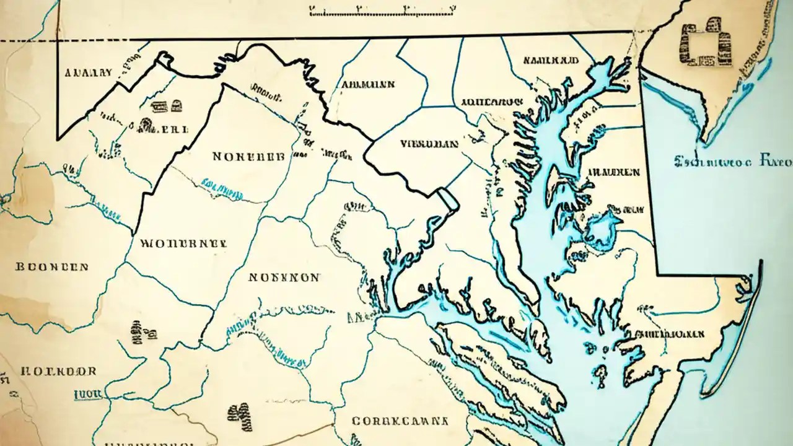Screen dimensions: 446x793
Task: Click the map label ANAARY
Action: [x=89, y=72]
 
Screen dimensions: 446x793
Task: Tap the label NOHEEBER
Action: [x=248, y=157]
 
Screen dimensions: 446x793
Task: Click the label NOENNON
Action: [x=284, y=278]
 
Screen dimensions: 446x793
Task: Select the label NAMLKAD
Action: [x=550, y=61]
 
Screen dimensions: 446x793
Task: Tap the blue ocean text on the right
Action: [x=731, y=163]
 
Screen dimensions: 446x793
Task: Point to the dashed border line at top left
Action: [x=28, y=41]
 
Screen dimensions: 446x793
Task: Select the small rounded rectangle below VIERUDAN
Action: [x=447, y=200]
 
